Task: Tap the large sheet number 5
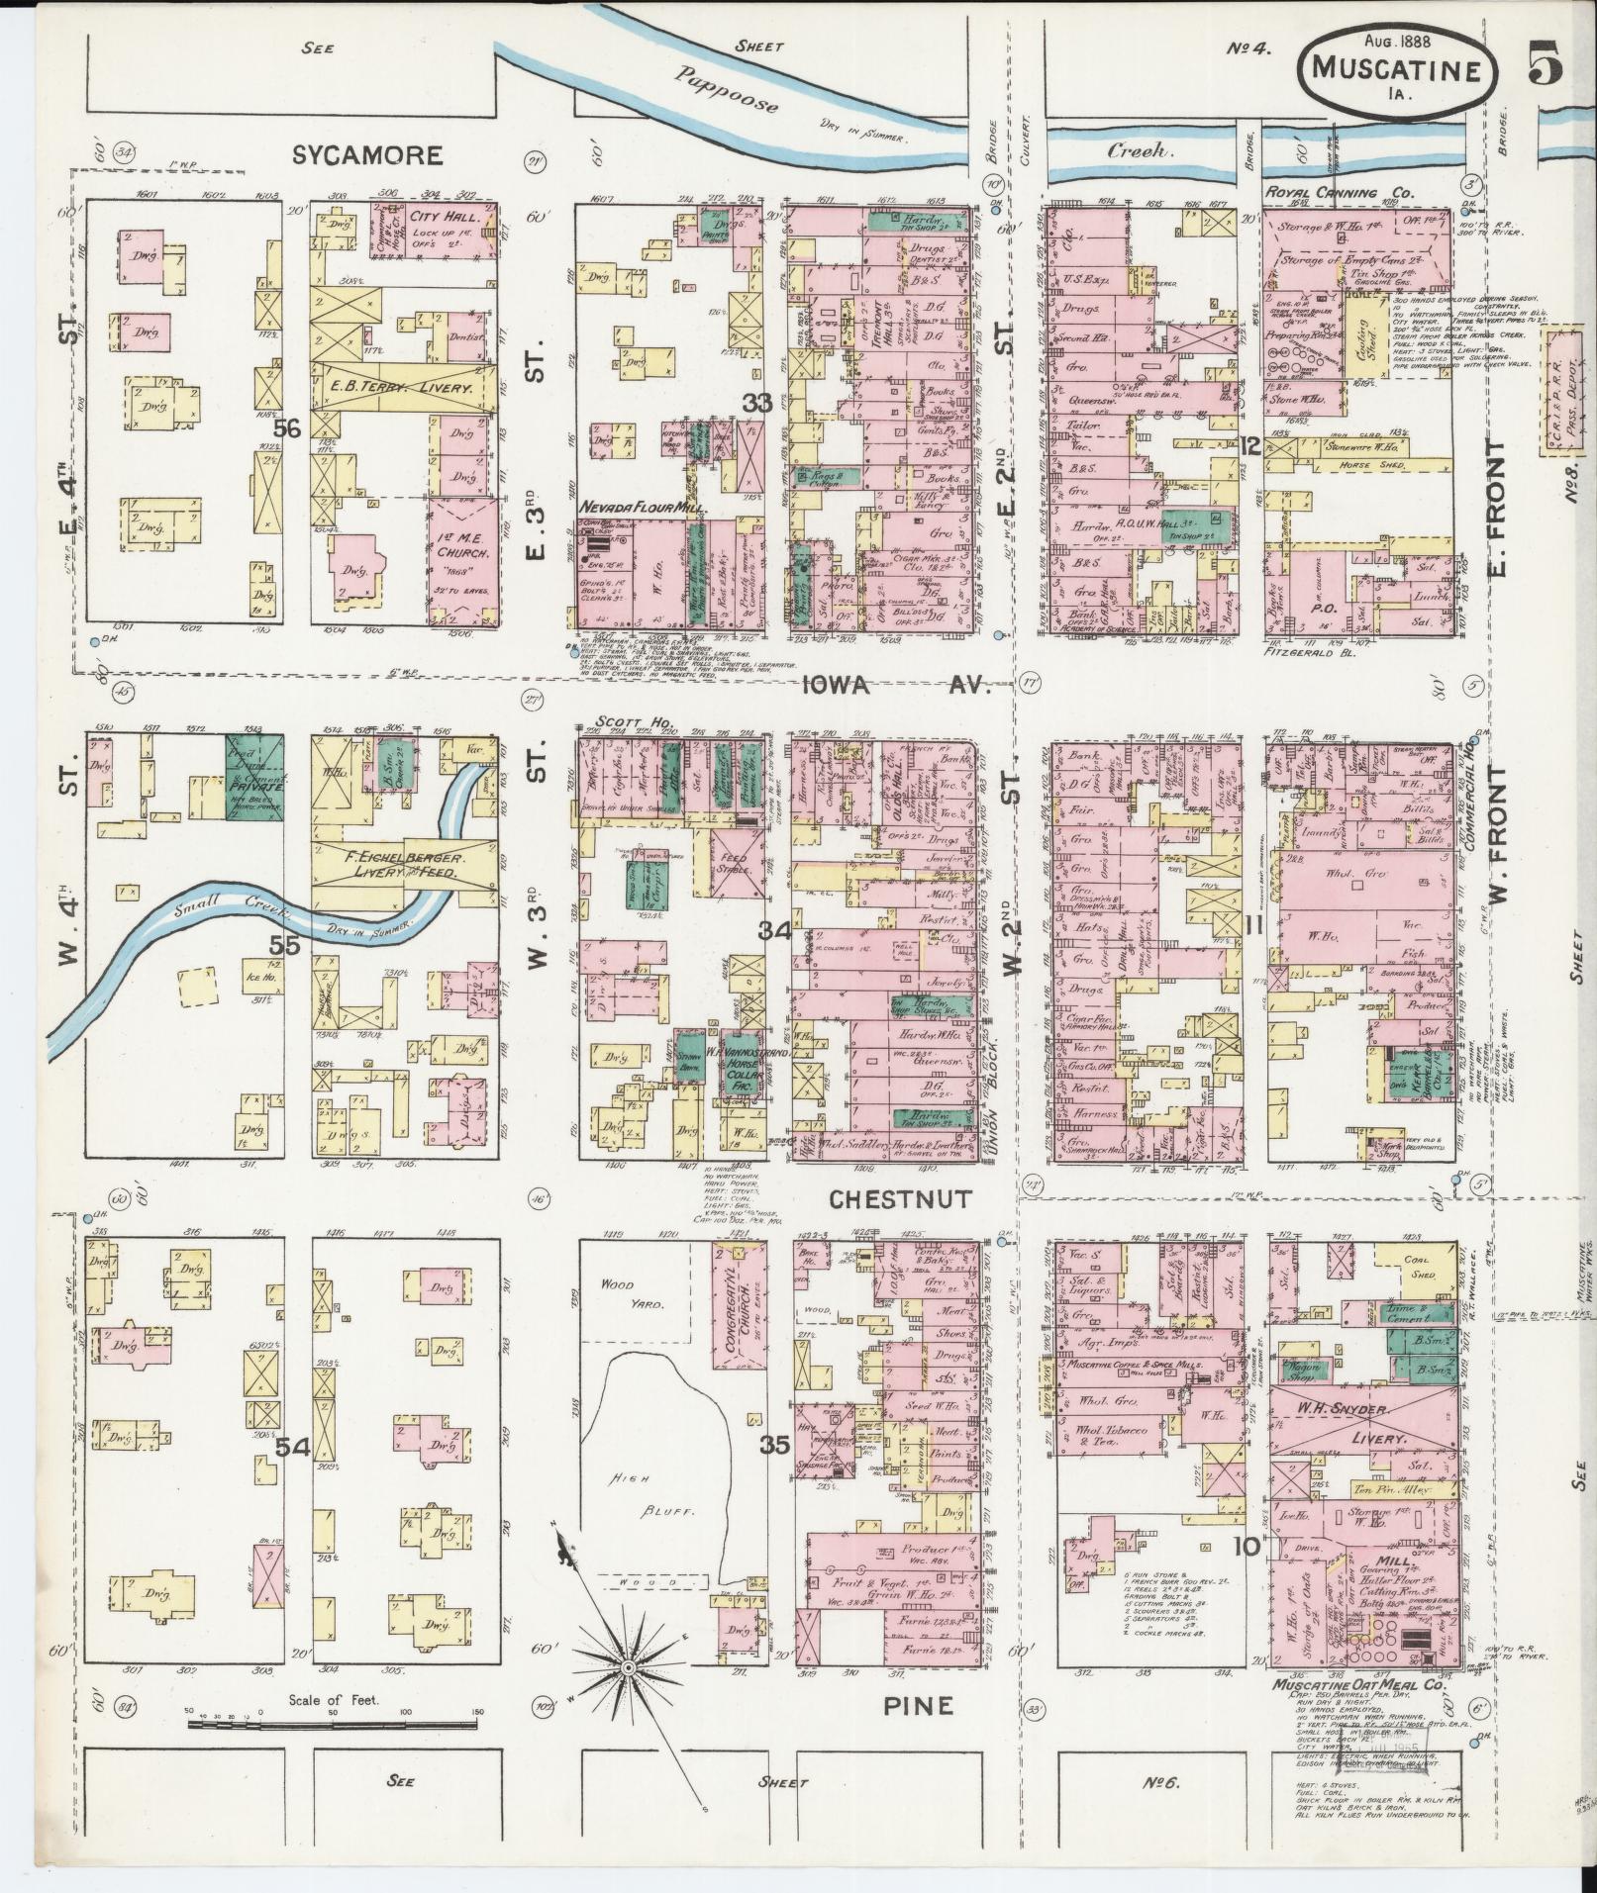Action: point(1544,65)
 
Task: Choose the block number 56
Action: point(287,427)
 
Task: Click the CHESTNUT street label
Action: point(889,1198)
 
